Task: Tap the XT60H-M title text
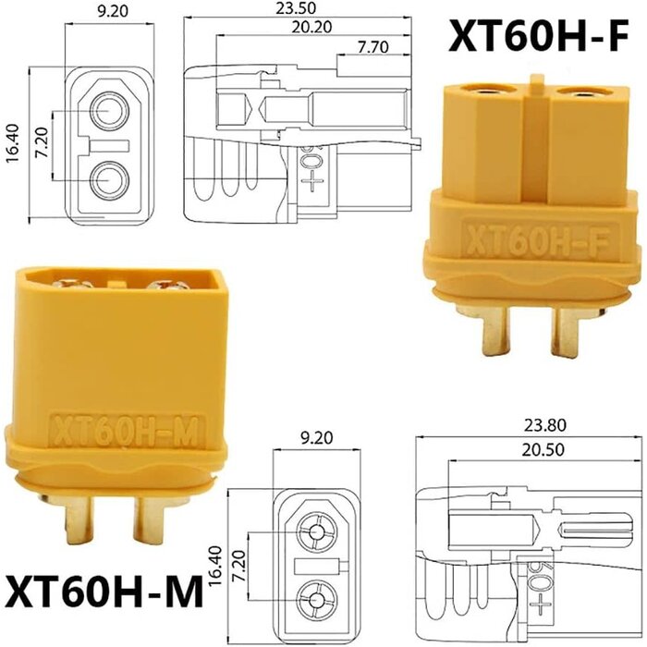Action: tap(104, 591)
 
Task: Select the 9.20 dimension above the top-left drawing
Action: tap(111, 15)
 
